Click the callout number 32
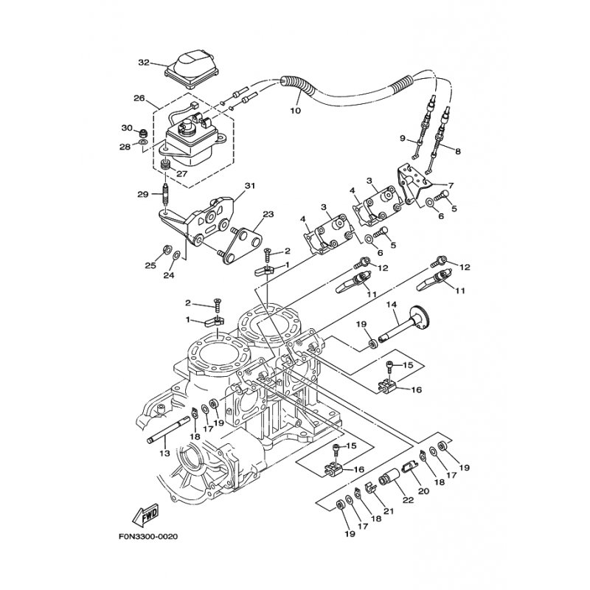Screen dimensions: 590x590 click(x=143, y=63)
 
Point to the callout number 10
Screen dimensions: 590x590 click(x=295, y=111)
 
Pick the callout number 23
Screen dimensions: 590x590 click(x=268, y=215)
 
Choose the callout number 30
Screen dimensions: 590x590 click(x=126, y=128)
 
